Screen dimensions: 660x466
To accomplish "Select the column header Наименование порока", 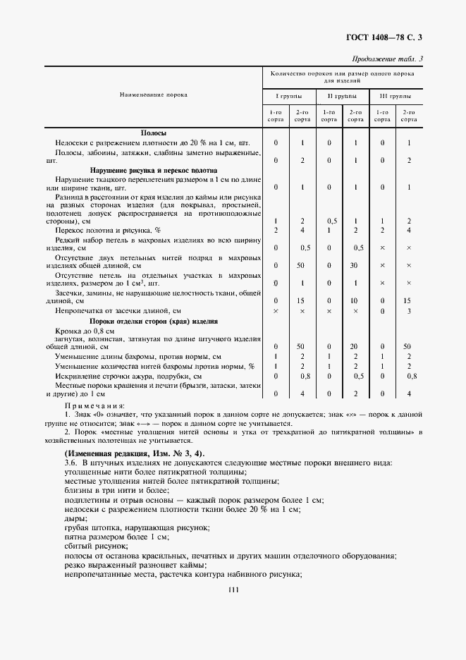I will point(153,95).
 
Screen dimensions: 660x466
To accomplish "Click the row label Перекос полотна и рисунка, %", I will point(108,231).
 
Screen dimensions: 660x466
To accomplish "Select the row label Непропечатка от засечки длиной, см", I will point(118,310).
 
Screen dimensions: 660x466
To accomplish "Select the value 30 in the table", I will point(355,266).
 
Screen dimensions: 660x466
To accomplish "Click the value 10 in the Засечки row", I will point(355,301).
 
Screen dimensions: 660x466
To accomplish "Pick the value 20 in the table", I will point(355,347).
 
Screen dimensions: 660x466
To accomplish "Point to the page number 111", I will point(233,590).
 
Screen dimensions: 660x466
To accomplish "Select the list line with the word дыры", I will point(73,518).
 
